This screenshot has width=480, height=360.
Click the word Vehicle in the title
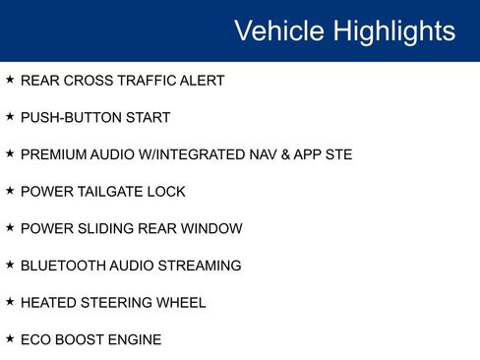click(x=279, y=30)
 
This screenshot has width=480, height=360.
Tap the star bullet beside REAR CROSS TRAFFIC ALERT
click(x=10, y=80)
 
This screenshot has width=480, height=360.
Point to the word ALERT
click(x=202, y=81)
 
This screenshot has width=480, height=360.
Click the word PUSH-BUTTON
click(x=71, y=118)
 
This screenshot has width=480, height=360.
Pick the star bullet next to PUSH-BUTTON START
click(x=10, y=116)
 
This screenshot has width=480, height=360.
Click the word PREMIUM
click(x=53, y=154)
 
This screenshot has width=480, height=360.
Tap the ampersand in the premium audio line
click(x=285, y=154)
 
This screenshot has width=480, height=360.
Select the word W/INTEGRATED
click(x=192, y=154)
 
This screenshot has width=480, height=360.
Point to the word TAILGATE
click(x=110, y=192)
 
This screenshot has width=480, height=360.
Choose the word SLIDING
click(x=106, y=229)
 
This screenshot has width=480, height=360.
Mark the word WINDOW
click(x=211, y=229)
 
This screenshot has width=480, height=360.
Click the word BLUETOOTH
click(x=63, y=266)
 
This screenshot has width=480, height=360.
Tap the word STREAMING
click(x=200, y=266)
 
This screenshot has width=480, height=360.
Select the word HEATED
click(x=48, y=303)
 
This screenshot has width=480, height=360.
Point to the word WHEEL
click(x=181, y=303)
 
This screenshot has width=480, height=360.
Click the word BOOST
click(x=80, y=340)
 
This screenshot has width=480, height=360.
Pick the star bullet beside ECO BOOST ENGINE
click(x=10, y=338)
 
